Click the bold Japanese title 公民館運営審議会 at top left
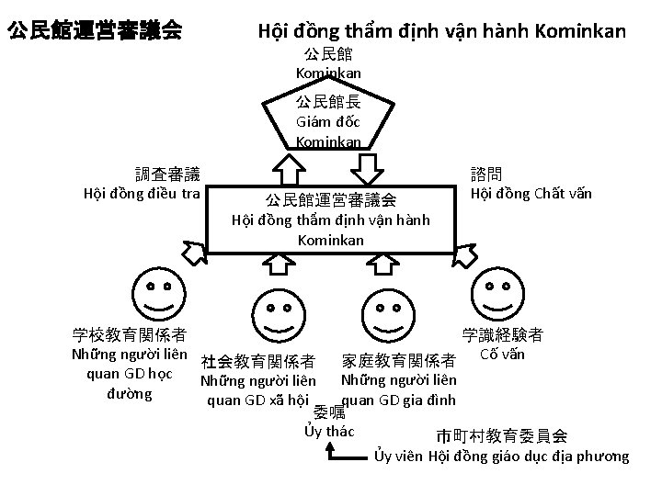[x=93, y=32]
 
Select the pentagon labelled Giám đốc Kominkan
[x=328, y=118]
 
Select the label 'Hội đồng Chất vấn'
[x=531, y=193]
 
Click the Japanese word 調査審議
[x=167, y=173]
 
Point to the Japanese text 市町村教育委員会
[x=502, y=435]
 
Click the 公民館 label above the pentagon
[x=328, y=54]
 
